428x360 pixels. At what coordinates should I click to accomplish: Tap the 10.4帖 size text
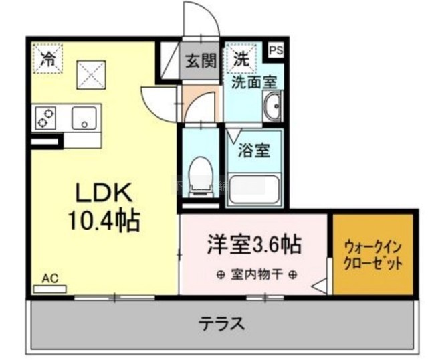[104, 221]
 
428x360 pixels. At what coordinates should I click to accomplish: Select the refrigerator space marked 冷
[48, 58]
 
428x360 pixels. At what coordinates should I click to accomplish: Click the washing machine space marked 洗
[241, 58]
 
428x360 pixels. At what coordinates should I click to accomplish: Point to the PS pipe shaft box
[276, 50]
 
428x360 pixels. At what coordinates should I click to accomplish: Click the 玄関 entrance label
[201, 60]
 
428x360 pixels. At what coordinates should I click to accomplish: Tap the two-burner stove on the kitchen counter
[45, 118]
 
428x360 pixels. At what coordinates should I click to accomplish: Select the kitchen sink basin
[84, 118]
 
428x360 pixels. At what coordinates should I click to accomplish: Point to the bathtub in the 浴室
[254, 189]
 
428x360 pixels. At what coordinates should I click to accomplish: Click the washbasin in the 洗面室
[272, 106]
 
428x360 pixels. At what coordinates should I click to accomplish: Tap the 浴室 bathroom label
[254, 150]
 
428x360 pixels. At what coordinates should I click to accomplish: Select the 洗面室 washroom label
[254, 82]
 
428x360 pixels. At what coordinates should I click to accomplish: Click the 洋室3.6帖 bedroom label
[254, 244]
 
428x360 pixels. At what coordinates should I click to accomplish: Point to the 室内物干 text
[256, 274]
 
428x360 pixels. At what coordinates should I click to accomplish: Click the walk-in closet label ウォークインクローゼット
[373, 255]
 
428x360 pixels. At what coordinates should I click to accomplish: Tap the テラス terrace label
[221, 324]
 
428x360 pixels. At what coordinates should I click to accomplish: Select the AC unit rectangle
[50, 289]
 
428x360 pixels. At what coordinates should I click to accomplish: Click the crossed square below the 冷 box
[91, 75]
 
